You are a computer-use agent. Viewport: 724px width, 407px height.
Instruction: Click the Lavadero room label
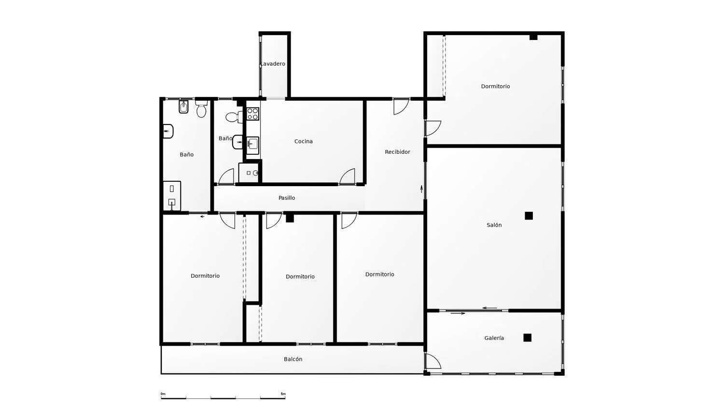pos(273,64)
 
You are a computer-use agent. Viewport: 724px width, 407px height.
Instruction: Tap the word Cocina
pos(304,141)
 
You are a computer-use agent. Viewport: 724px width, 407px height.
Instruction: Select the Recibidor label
pos(397,152)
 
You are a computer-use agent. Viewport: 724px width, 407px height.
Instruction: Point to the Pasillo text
pos(287,198)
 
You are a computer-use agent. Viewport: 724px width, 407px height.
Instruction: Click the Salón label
pos(494,225)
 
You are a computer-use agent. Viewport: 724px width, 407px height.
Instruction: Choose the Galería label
pos(494,338)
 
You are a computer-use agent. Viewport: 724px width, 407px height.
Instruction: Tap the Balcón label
pos(293,359)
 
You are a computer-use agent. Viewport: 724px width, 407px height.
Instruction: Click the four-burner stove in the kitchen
pos(253,114)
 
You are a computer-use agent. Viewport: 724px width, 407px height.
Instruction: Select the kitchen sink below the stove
pos(253,146)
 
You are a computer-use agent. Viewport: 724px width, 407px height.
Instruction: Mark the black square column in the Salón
pos(529,216)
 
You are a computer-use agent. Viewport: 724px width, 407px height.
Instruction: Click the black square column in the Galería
pos(528,338)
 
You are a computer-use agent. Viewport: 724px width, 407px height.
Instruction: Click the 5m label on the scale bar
pos(283,394)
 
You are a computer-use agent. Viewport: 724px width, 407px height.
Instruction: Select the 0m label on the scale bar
pos(163,394)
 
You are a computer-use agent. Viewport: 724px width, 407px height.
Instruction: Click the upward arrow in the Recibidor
pos(421,189)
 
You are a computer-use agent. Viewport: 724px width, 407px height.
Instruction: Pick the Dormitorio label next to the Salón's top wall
pos(495,86)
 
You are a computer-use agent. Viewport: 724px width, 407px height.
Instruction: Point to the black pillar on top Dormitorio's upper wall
pos(533,37)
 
